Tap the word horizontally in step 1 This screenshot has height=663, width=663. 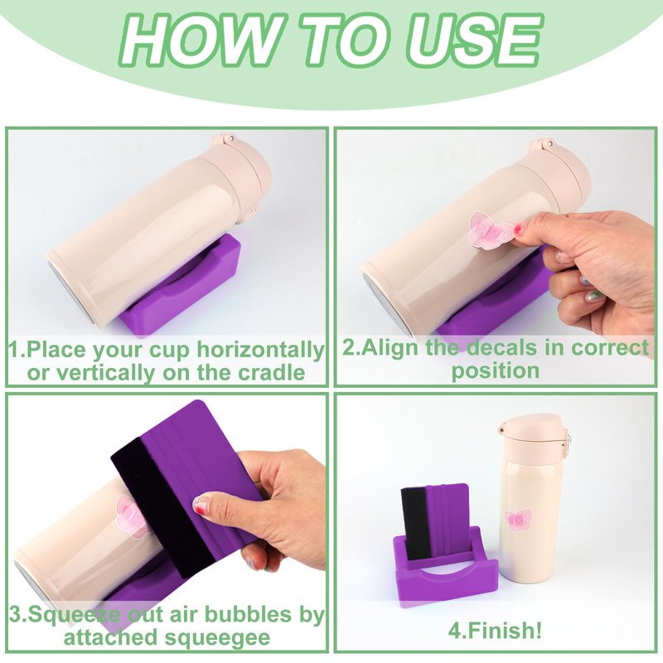click(260, 350)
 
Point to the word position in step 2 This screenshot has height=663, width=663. click(495, 371)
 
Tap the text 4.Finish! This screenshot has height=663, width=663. click(495, 631)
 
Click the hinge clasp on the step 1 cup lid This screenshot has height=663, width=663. click(223, 140)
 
